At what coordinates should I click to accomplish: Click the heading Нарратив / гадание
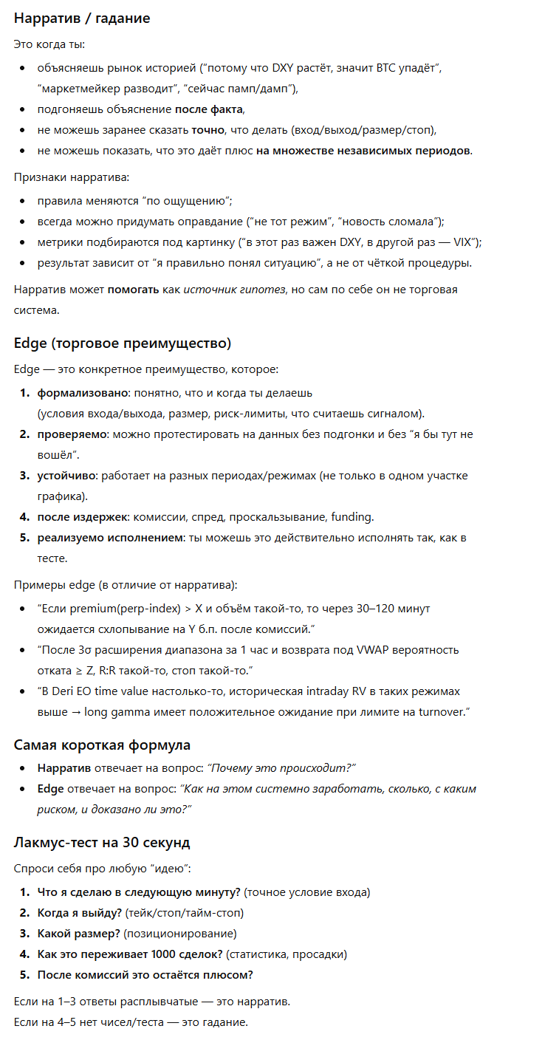click(x=81, y=18)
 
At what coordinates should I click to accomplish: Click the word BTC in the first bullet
click(x=379, y=68)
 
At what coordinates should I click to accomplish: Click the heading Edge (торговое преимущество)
click(x=122, y=343)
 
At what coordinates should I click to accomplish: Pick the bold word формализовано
click(x=83, y=393)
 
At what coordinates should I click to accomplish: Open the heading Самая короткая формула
click(x=102, y=745)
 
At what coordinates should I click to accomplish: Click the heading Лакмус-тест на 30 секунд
click(x=102, y=842)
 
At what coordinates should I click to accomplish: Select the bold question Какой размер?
click(x=79, y=934)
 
